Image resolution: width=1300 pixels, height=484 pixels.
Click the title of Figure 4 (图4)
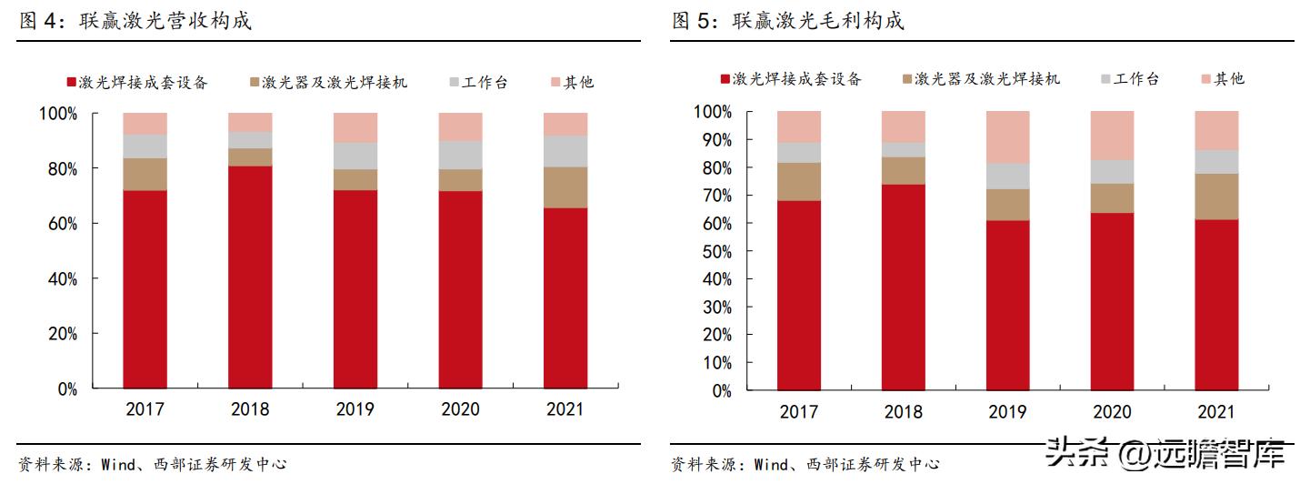135,21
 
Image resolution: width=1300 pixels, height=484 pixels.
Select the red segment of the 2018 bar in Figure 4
250,277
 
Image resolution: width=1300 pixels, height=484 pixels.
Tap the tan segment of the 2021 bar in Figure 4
565,187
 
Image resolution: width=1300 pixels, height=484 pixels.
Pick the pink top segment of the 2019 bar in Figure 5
1008,137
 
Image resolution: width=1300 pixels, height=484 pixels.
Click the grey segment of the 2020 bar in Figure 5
1113,172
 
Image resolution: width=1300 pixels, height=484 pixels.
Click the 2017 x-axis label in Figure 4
145,409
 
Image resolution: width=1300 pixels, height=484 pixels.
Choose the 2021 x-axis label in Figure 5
1217,412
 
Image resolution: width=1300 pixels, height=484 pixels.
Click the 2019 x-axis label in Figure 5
1008,412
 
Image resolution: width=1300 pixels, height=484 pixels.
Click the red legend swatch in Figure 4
71,83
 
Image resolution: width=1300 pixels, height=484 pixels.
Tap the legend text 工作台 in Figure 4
485,83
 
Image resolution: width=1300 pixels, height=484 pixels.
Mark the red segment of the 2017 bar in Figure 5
799,296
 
